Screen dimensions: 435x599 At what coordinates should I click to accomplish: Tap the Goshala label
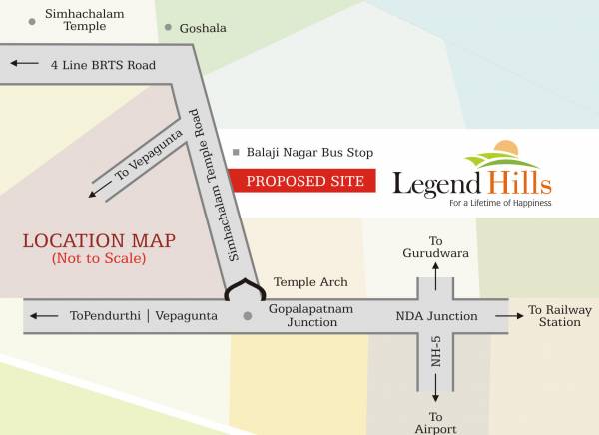[203, 28]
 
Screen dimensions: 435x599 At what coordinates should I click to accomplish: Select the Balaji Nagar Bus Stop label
[309, 153]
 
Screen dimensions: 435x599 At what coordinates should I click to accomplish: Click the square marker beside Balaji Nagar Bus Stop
[236, 153]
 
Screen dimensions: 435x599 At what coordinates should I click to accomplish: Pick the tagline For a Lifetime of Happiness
[500, 204]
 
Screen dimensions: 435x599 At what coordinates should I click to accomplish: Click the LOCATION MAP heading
[99, 240]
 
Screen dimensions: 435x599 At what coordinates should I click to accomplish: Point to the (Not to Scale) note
[99, 259]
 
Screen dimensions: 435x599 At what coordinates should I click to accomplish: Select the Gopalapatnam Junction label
[310, 316]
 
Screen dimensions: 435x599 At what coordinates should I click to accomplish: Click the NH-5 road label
[436, 356]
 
